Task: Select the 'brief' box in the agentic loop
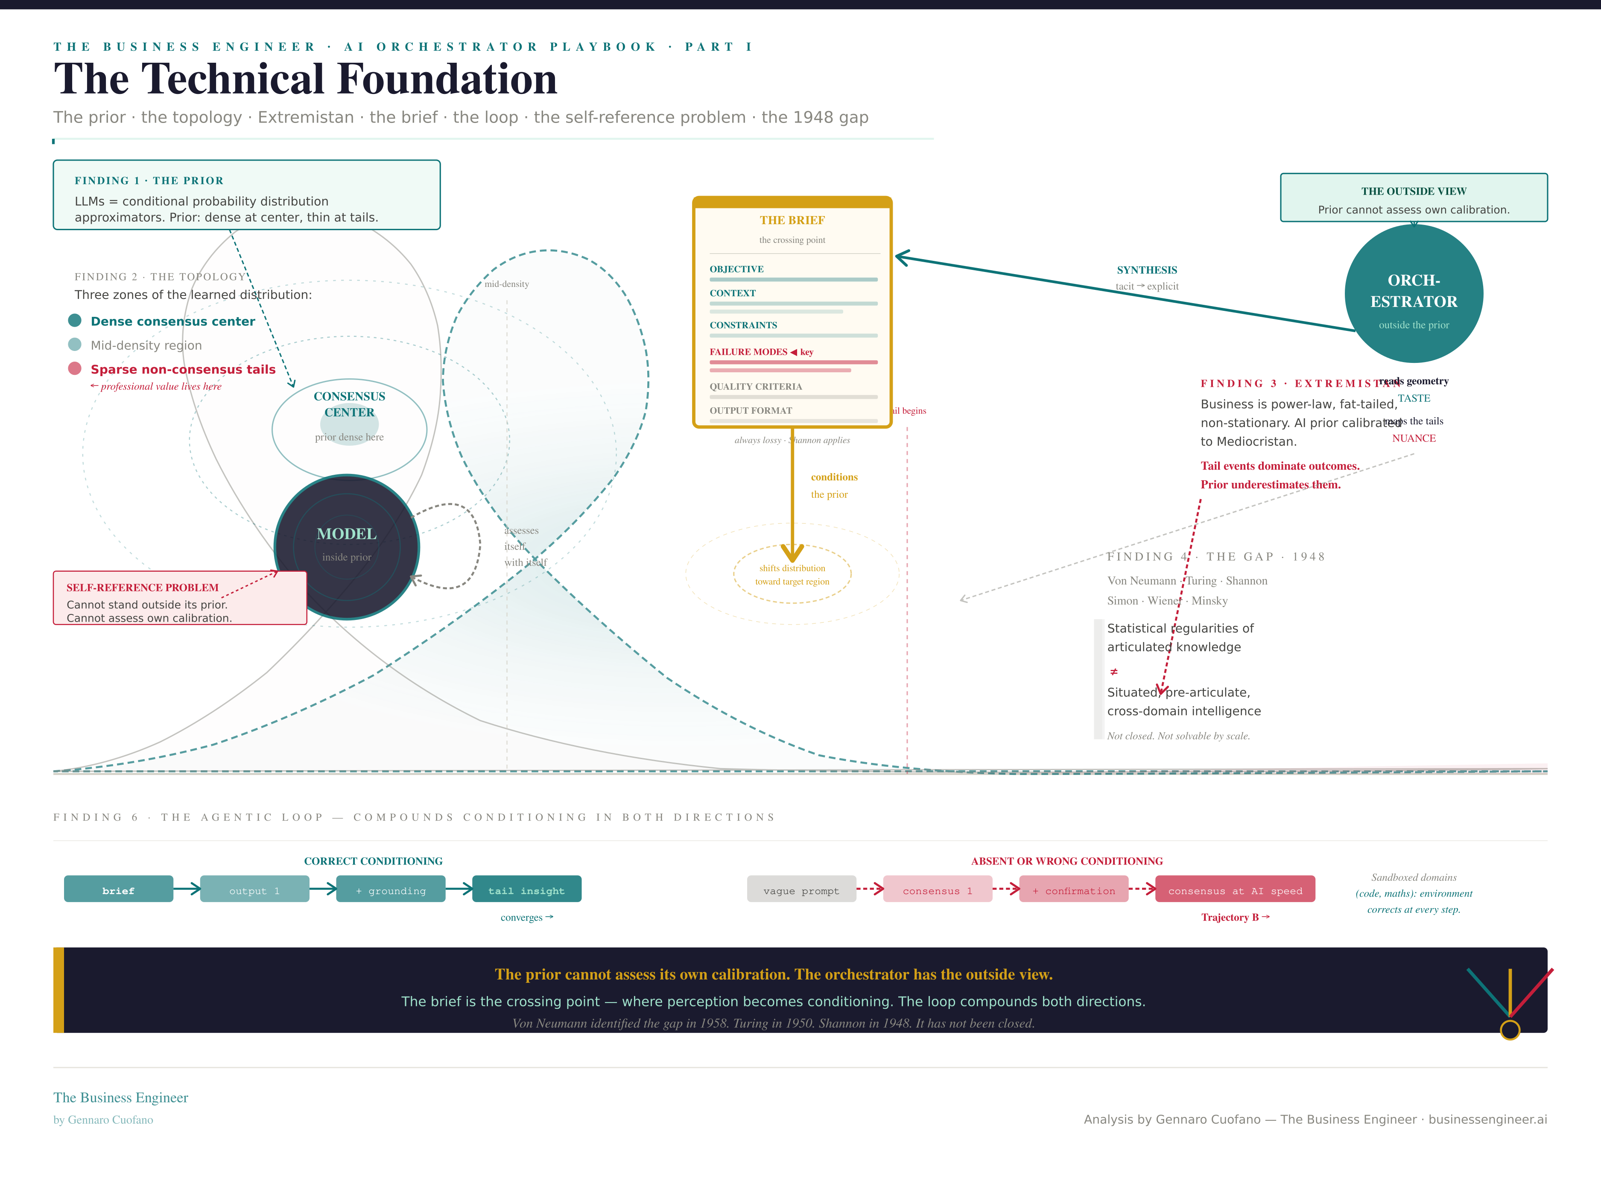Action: [x=119, y=890]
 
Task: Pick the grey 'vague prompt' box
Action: [x=801, y=890]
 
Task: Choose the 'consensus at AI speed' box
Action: [x=1235, y=890]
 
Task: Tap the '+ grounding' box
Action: [x=391, y=890]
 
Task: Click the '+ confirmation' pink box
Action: [x=1073, y=890]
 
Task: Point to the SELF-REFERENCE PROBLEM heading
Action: [x=143, y=587]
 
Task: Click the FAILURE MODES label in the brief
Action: [x=748, y=352]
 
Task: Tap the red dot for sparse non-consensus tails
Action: [x=75, y=368]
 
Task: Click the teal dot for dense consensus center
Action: [x=75, y=320]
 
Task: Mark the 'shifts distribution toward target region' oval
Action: [x=792, y=574]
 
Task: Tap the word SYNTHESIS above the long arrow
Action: [x=1146, y=270]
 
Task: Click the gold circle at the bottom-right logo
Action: [x=1510, y=1029]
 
